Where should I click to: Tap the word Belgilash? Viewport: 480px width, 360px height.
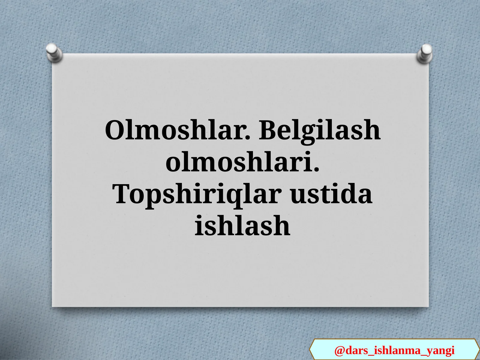[320, 131]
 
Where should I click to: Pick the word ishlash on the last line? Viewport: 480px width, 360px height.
[242, 226]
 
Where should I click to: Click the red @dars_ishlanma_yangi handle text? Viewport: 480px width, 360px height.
[394, 350]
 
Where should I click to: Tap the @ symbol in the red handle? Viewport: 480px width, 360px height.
[339, 350]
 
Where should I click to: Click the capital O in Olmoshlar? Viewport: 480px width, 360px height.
[115, 131]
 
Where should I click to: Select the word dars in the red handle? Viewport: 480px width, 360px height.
[357, 350]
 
